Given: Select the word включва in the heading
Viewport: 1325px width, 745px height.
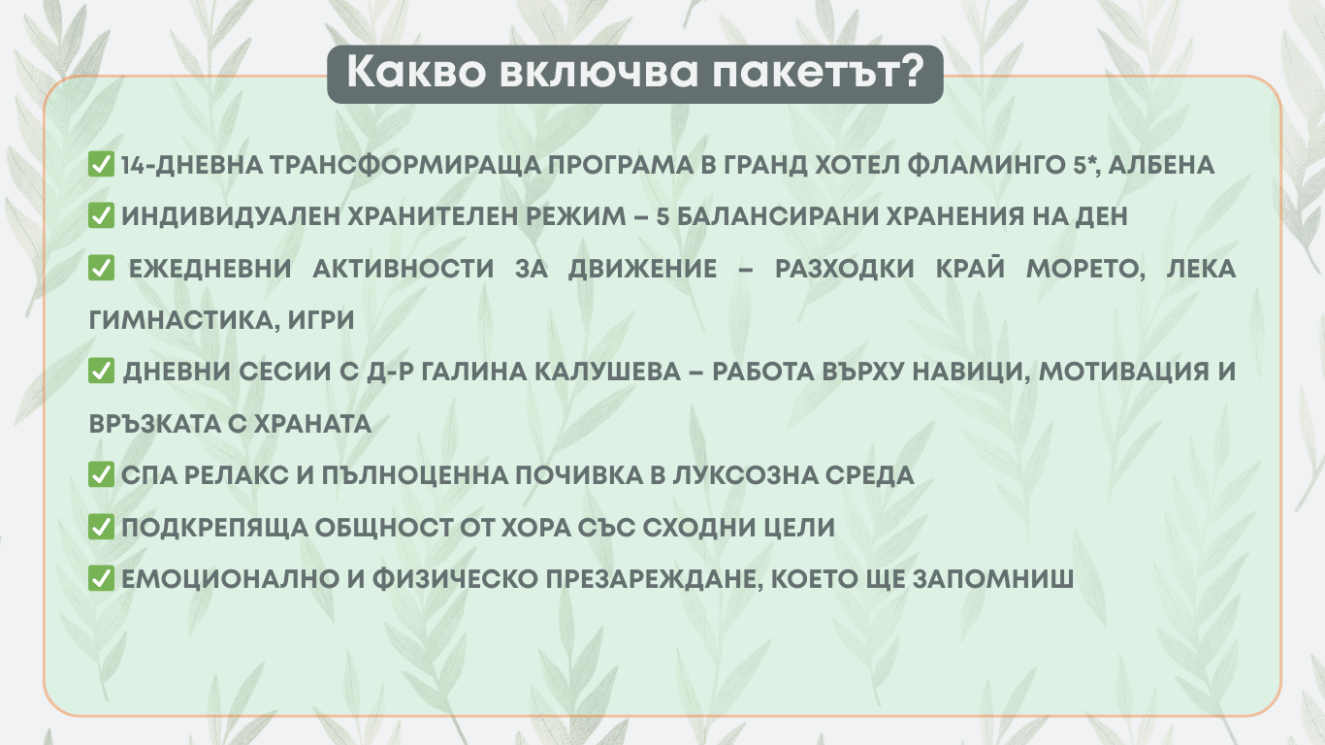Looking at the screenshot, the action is (x=598, y=72).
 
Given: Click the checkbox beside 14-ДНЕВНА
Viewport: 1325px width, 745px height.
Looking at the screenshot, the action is (x=101, y=164).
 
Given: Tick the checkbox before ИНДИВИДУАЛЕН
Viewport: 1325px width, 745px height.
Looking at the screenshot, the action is (x=101, y=215).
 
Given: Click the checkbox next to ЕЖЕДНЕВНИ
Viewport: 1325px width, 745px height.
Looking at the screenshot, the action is (x=101, y=268).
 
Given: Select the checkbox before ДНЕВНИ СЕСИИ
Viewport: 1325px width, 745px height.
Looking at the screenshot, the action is (x=101, y=371).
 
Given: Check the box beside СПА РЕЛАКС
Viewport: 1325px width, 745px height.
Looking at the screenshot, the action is (x=101, y=474).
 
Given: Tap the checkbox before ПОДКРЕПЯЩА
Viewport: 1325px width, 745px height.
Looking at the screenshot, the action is (x=101, y=527).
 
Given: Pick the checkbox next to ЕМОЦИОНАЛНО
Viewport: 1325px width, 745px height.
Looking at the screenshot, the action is (x=101, y=578).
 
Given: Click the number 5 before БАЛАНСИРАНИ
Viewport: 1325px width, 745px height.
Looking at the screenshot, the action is (x=662, y=216).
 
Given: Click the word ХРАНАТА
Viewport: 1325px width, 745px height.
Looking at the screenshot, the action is (x=313, y=424).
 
